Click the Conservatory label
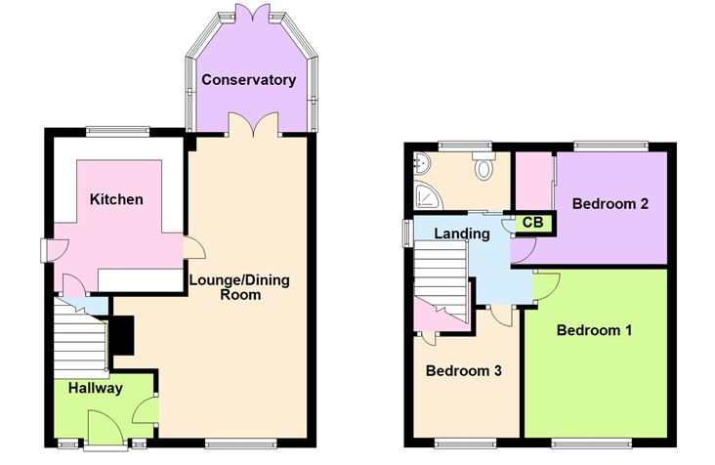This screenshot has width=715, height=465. [248, 79]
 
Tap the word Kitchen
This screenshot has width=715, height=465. [116, 199]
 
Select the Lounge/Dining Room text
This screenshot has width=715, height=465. [239, 287]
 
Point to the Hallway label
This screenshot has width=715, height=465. [95, 388]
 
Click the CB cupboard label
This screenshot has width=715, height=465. [531, 223]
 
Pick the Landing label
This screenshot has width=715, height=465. [462, 234]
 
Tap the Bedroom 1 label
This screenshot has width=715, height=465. [594, 330]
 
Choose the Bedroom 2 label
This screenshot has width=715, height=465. [610, 204]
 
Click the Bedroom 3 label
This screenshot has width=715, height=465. [463, 370]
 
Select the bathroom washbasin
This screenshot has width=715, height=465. [421, 162]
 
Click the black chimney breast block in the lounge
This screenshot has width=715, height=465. [122, 337]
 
